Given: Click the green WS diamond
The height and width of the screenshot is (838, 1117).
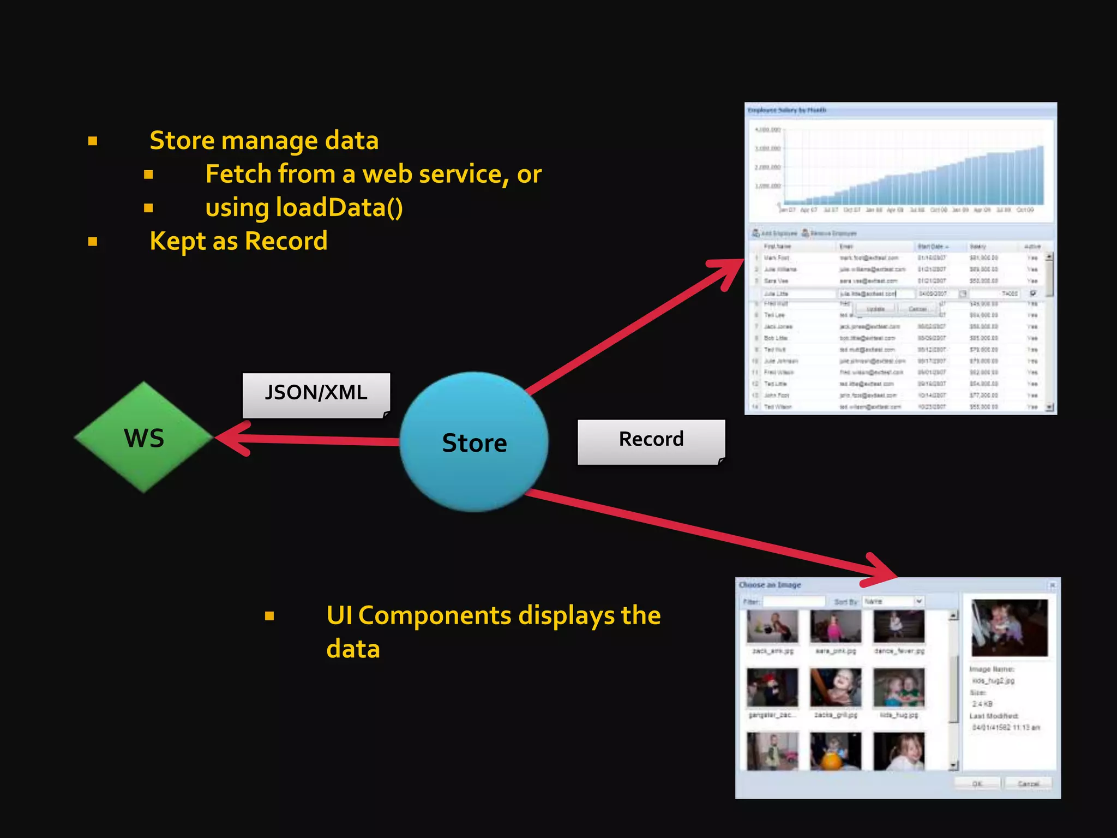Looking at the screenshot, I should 143,438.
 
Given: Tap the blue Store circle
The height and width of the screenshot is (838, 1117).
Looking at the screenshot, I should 474,442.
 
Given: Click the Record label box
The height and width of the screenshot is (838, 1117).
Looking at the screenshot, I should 651,441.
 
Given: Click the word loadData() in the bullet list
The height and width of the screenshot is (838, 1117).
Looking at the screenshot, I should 339,208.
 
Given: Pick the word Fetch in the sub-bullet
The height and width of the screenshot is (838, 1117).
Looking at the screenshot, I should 238,175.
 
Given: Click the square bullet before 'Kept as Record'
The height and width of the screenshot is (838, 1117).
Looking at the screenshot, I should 93,242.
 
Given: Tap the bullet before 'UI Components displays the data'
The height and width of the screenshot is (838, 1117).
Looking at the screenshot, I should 269,616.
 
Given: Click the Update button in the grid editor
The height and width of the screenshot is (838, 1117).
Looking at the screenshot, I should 875,309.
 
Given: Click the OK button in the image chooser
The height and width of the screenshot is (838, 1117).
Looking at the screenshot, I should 977,784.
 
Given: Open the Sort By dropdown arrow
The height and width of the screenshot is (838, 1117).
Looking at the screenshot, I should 919,601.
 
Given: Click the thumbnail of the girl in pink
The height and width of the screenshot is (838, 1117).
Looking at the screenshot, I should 835,626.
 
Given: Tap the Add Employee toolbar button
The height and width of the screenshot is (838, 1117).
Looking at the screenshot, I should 774,234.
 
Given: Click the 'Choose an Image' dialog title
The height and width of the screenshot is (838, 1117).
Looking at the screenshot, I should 770,585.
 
